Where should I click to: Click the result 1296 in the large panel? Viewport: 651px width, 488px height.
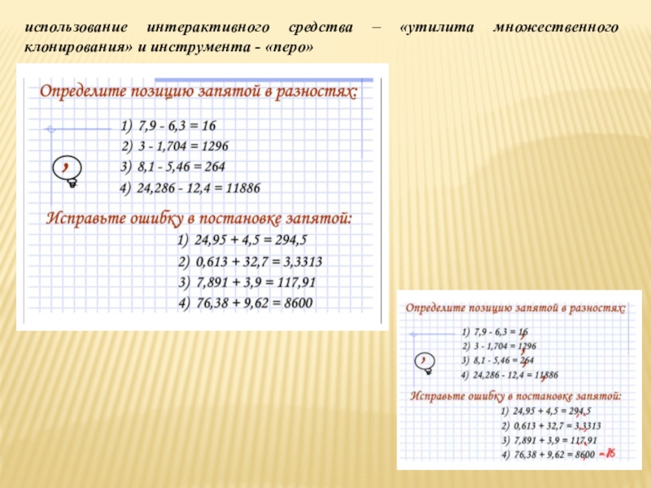[x=213, y=146]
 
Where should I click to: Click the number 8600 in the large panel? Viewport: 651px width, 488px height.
[x=292, y=303]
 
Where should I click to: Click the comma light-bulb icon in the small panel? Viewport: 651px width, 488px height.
[x=424, y=362]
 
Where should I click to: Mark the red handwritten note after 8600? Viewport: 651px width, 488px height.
[x=607, y=453]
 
